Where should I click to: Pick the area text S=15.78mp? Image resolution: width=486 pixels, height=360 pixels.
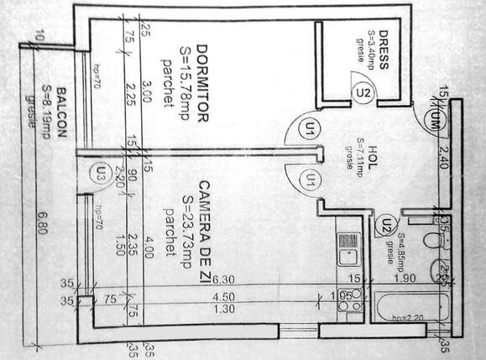tap(186, 84)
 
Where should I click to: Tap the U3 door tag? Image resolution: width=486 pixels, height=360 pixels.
tap(101, 174)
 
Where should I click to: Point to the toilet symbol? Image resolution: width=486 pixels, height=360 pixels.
tap(434, 241)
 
